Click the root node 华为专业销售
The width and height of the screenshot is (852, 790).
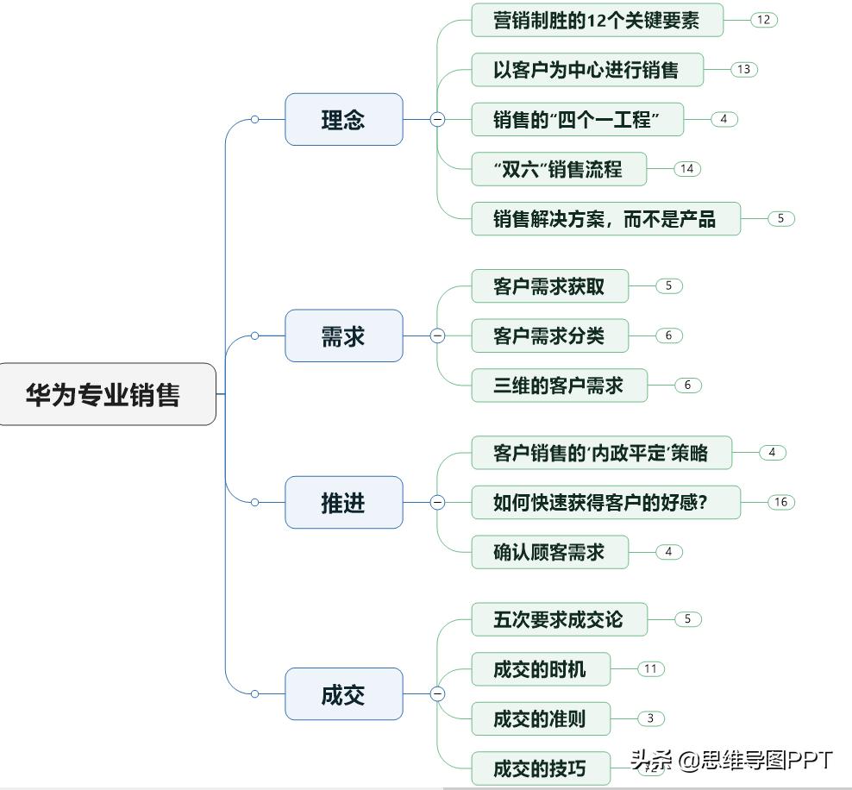[104, 394]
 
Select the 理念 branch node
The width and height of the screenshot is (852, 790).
[343, 119]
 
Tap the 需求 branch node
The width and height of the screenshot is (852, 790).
[343, 335]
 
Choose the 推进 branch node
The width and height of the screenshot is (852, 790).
[343, 502]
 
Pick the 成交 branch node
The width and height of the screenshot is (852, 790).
[343, 694]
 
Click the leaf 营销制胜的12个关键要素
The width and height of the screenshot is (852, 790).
[597, 20]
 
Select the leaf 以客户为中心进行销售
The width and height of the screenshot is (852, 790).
[586, 70]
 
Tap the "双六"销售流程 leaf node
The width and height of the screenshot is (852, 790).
[558, 169]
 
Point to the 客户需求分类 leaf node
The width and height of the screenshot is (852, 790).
[549, 335]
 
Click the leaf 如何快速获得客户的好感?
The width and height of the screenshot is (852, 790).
[605, 502]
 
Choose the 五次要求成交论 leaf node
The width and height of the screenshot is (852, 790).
[559, 619]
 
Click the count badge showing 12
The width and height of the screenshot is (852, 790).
[763, 19]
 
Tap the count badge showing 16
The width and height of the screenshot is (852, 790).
[780, 502]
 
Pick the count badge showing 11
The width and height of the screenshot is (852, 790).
[651, 668]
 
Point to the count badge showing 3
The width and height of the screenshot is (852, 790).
[651, 718]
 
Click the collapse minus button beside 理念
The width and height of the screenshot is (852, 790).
[437, 120]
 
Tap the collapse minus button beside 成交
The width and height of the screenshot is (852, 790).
[437, 693]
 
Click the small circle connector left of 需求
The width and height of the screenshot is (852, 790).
[254, 335]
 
